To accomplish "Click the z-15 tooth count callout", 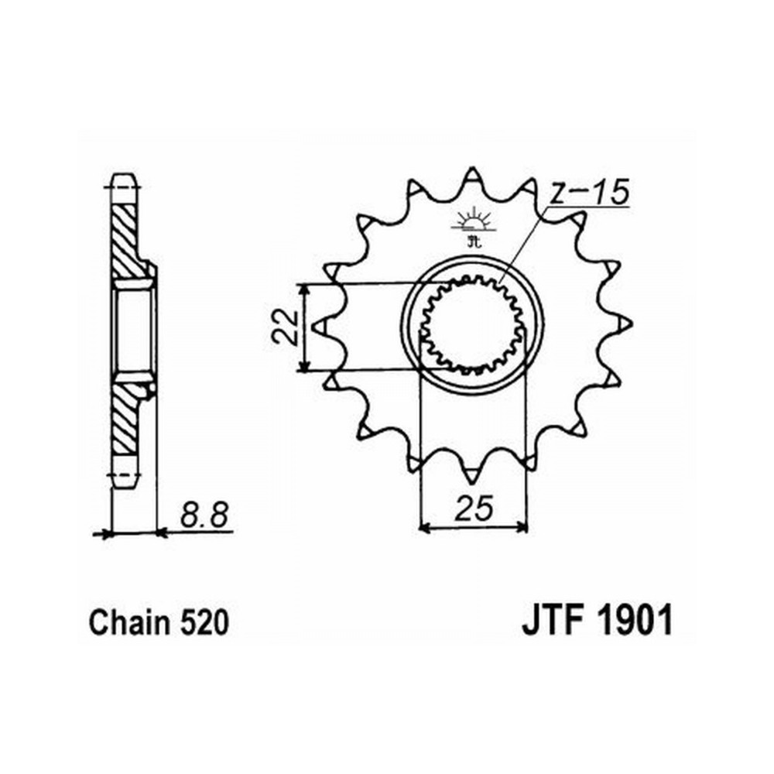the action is click(589, 193).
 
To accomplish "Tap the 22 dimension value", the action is click(284, 327).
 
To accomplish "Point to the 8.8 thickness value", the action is click(204, 515).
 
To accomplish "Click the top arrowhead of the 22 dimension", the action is click(306, 288).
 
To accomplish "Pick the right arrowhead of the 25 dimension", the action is click(522, 528).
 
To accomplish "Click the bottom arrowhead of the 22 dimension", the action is click(306, 365).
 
